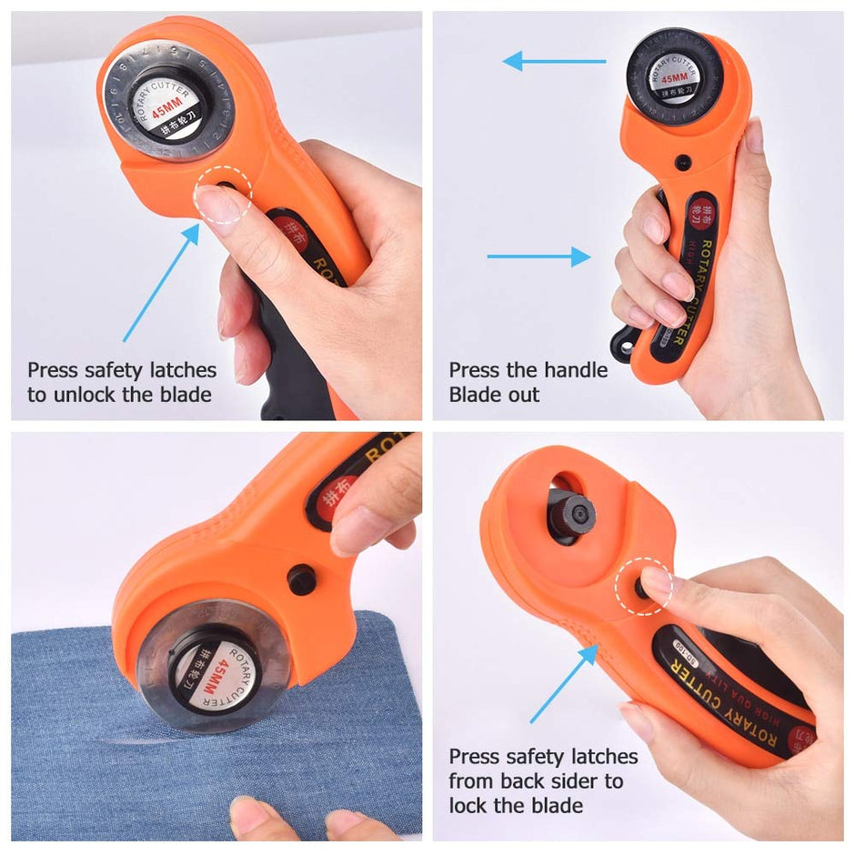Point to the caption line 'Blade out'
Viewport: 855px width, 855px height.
tap(494, 394)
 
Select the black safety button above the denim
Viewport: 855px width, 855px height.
tap(301, 578)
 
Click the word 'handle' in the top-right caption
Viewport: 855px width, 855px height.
tap(576, 370)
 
